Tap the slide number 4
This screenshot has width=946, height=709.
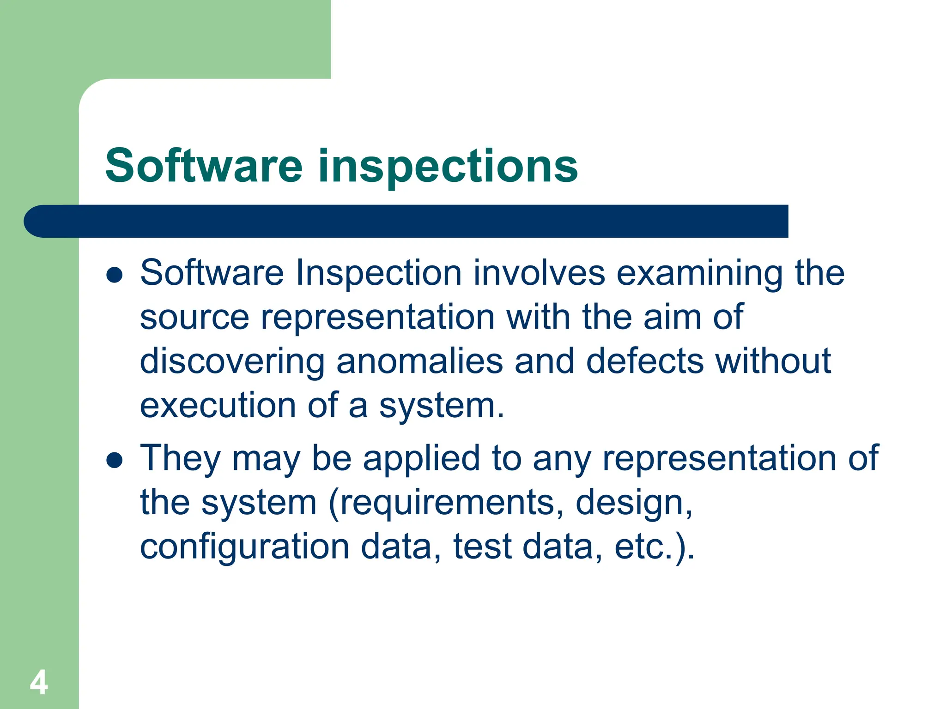(39, 682)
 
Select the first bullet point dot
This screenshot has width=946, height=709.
(114, 276)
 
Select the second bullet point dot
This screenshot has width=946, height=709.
(114, 460)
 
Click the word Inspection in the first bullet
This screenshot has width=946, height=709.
(379, 273)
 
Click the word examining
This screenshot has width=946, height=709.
(699, 273)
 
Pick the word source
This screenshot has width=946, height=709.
(194, 318)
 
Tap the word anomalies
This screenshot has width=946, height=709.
(419, 361)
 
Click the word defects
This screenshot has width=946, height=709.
(645, 361)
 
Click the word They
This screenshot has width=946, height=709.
(180, 458)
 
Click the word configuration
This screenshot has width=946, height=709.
(244, 547)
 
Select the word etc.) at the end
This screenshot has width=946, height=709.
(654, 547)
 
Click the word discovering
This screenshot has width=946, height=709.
(232, 361)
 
